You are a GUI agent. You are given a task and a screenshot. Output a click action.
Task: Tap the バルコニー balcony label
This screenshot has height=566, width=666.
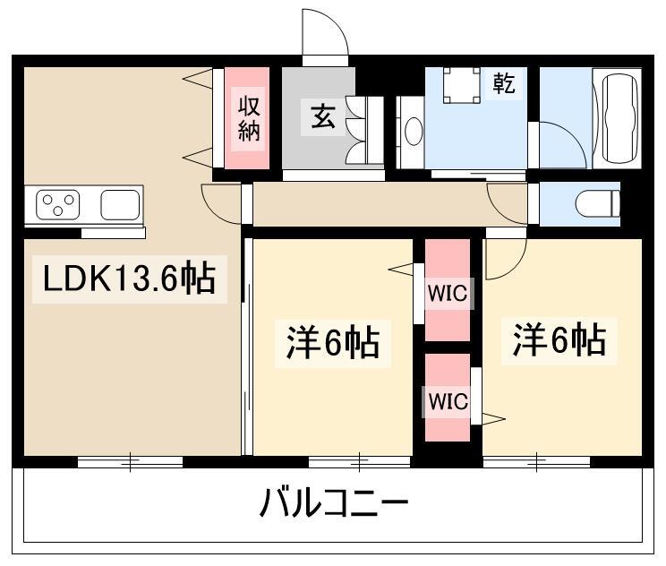[x=334, y=505]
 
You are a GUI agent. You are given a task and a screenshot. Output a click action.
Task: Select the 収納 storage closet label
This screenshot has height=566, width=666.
[x=248, y=118]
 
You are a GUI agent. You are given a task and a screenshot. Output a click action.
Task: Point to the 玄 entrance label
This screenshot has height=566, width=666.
[x=322, y=117]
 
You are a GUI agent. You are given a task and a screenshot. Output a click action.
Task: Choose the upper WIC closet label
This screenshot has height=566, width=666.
[x=447, y=292]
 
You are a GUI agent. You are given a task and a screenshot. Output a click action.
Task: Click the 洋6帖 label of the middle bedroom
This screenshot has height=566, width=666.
[x=332, y=342]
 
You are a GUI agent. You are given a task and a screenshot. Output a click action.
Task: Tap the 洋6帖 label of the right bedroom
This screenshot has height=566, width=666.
[x=559, y=340]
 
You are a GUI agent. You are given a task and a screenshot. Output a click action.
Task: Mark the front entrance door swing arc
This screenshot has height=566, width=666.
[x=324, y=33]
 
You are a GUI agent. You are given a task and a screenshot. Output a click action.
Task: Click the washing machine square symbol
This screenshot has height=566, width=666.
[x=462, y=85]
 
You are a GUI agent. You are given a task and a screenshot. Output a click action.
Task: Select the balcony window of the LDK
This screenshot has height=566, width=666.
[x=130, y=462]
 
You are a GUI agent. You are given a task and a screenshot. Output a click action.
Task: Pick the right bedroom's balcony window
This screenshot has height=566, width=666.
[x=536, y=462]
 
